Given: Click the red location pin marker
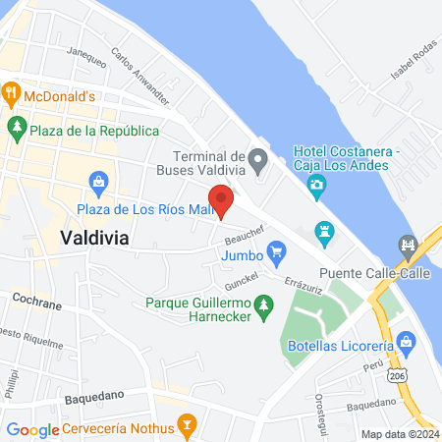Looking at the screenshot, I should (221, 199).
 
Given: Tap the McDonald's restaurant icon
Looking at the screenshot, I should (12, 96).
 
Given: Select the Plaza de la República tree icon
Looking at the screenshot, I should (16, 128).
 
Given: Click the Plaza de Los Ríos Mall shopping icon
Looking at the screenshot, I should (98, 182).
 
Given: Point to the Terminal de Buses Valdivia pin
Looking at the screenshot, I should (257, 158).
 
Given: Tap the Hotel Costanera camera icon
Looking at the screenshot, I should (316, 184).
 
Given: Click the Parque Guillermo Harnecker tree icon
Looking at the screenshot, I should (262, 310).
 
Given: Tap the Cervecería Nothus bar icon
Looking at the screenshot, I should (183, 425).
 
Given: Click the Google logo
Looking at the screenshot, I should (33, 429).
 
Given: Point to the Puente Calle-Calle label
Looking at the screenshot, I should (374, 274).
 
